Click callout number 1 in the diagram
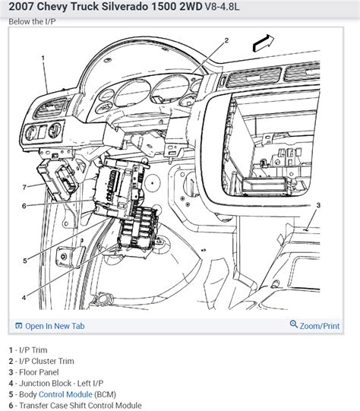(43, 57)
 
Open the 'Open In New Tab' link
(54, 326)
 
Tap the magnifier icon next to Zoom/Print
(295, 326)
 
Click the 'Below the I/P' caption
(33, 22)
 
